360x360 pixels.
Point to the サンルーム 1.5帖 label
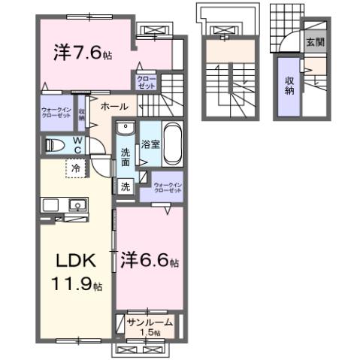click(150, 326)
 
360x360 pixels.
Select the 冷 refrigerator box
click(76, 169)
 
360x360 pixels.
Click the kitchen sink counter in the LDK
click(65, 204)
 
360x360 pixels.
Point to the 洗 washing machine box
click(126, 186)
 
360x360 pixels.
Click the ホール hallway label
click(113, 106)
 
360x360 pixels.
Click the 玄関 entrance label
click(314, 42)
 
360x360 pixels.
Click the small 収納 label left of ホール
click(81, 113)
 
